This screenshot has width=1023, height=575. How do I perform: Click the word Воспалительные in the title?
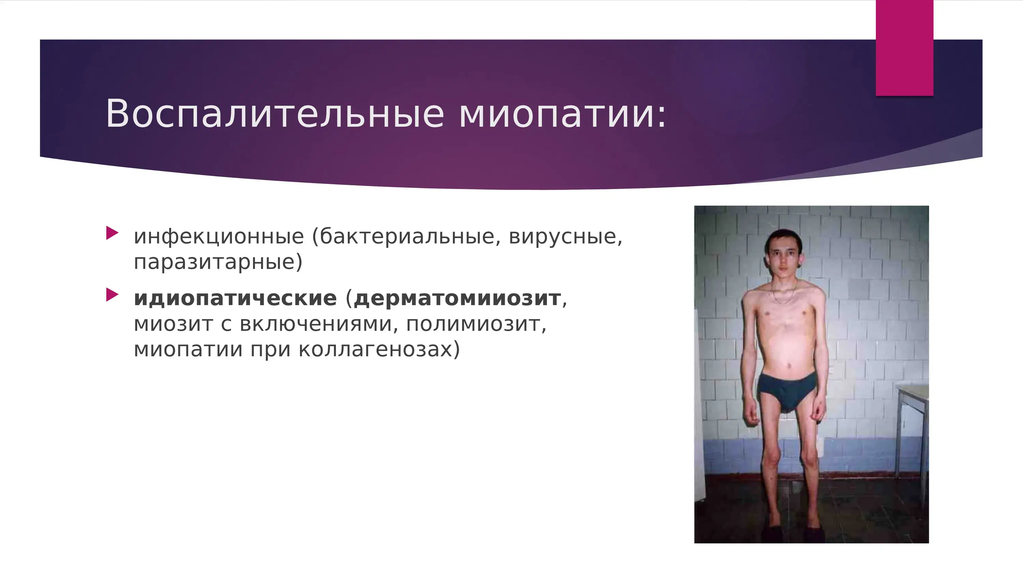(x=275, y=113)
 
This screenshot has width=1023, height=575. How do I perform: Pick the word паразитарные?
(x=218, y=262)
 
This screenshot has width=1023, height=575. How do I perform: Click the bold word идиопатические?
(x=235, y=298)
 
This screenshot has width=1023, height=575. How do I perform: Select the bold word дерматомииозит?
(x=457, y=299)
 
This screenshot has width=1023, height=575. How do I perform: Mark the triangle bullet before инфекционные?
(x=113, y=233)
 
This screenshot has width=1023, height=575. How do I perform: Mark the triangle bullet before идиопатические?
(x=113, y=295)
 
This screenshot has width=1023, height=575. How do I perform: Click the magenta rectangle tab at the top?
(x=904, y=48)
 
